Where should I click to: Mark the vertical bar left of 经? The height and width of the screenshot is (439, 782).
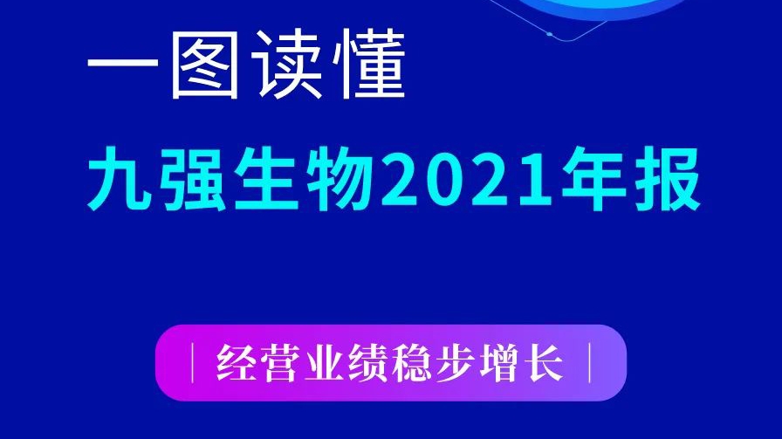(193, 363)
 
